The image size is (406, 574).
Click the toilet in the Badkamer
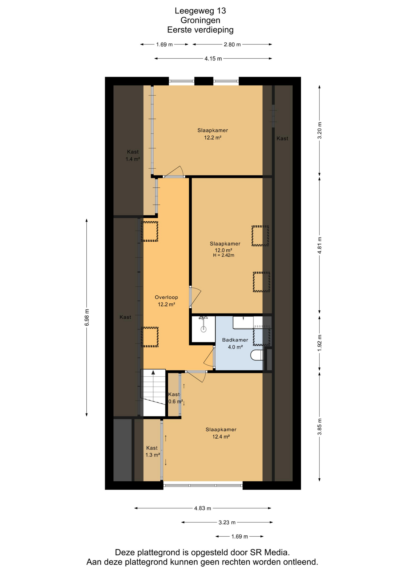(x=257, y=355)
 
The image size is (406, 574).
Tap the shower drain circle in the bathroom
(x=204, y=329)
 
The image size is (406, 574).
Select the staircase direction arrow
(x=153, y=373)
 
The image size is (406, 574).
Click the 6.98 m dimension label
(x=87, y=317)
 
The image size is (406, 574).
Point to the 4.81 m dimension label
(x=320, y=245)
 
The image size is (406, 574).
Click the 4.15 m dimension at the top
(x=213, y=59)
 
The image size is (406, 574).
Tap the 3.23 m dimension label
(x=227, y=523)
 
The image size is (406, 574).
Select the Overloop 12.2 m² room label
(x=166, y=301)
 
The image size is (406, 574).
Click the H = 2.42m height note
(x=224, y=255)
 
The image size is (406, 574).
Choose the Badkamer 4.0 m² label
(x=235, y=344)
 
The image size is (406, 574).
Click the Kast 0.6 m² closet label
(x=175, y=398)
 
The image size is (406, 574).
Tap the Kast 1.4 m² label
(x=133, y=155)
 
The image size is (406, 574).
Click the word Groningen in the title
(x=200, y=20)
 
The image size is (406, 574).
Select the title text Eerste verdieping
(x=200, y=30)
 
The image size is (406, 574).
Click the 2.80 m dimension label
(x=232, y=45)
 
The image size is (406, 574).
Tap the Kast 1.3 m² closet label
(x=152, y=451)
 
